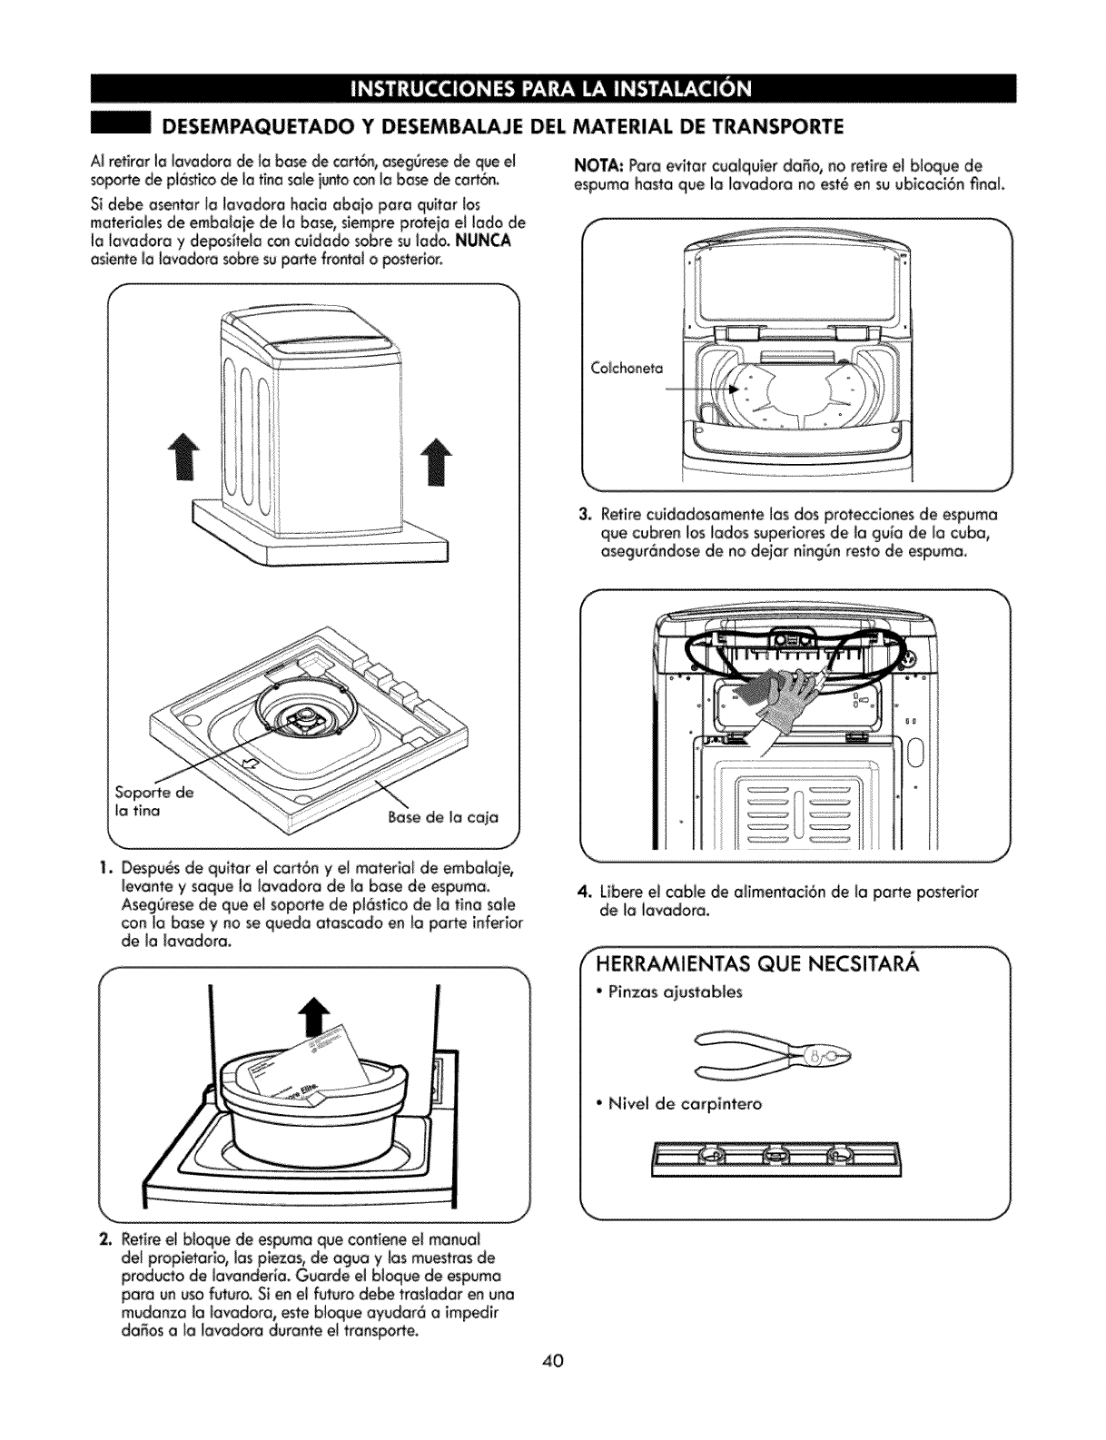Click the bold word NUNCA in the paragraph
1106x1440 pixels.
pyautogui.click(x=485, y=240)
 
